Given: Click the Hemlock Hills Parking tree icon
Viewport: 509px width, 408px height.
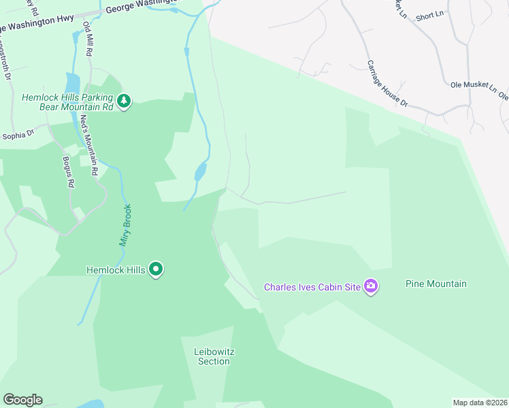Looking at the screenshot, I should [x=123, y=101].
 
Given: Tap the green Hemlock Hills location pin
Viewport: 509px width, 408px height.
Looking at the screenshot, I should [x=156, y=270].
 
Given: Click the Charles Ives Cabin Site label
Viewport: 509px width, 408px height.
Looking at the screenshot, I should [x=312, y=287].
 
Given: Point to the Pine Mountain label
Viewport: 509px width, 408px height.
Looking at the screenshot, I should [x=436, y=284].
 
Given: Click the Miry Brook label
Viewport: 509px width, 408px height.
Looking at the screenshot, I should [x=125, y=225].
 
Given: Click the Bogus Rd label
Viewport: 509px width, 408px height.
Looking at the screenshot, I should [x=67, y=171].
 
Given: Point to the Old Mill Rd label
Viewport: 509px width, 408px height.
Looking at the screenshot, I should [x=88, y=38].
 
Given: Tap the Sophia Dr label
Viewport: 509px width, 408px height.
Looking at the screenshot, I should [x=18, y=135].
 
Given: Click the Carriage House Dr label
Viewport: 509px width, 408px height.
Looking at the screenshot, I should [x=387, y=84].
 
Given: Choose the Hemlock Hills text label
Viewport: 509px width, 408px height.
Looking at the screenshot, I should [x=116, y=270].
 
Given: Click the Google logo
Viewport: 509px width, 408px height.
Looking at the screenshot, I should [x=22, y=400].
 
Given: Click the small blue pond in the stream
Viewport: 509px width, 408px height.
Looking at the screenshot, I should [x=200, y=171].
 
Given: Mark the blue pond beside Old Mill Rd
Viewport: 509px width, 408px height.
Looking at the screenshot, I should [x=71, y=84].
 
